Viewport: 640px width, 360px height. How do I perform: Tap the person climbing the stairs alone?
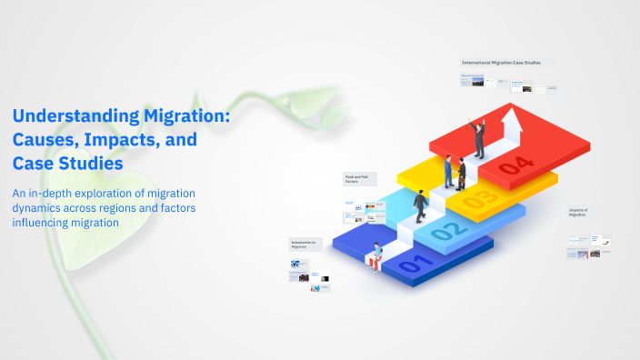421,205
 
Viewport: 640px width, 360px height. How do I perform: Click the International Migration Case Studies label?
502,63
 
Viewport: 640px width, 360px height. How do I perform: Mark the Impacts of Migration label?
579,212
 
